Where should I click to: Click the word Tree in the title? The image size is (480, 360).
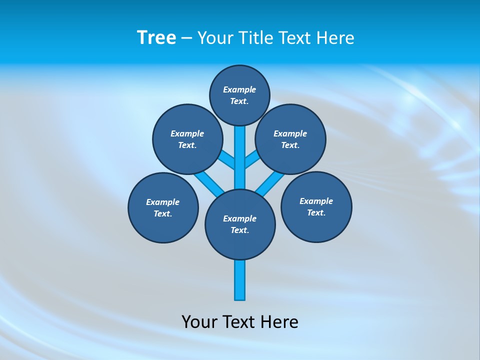[x=156, y=38]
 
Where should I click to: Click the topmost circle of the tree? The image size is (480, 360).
[x=239, y=95]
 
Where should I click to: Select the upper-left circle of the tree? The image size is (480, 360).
[x=187, y=139]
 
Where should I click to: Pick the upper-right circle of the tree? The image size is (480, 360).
[x=290, y=139]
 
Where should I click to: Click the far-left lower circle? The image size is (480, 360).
[x=163, y=207]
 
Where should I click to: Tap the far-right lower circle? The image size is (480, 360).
[x=316, y=206]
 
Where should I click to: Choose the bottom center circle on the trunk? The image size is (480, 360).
[x=240, y=224]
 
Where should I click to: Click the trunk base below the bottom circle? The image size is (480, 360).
[x=240, y=280]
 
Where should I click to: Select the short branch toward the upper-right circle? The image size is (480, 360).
[x=252, y=159]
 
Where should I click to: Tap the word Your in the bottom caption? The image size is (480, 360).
[x=199, y=321]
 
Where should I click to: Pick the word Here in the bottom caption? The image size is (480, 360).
[x=280, y=321]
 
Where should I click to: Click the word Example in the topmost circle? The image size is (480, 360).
[x=239, y=89]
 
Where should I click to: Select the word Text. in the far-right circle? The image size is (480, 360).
[x=316, y=212]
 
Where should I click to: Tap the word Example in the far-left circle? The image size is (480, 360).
[x=162, y=202]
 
